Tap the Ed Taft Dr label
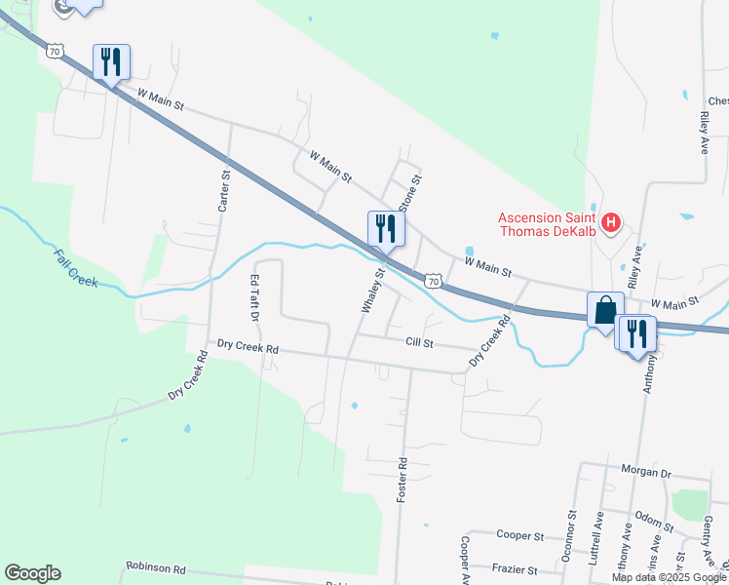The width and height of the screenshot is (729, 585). click(253, 297)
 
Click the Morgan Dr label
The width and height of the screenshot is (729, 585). click(652, 473)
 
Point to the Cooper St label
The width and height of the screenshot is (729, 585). click(518, 535)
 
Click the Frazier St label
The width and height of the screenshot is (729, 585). click(518, 568)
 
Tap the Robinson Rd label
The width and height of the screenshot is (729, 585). click(155, 567)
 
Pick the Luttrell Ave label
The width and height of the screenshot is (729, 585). click(598, 535)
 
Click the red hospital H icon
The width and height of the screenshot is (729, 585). click(611, 223)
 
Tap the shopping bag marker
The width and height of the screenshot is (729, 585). click(605, 310)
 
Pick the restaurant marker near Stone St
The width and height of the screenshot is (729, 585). click(385, 228)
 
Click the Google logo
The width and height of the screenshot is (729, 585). click(32, 573)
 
